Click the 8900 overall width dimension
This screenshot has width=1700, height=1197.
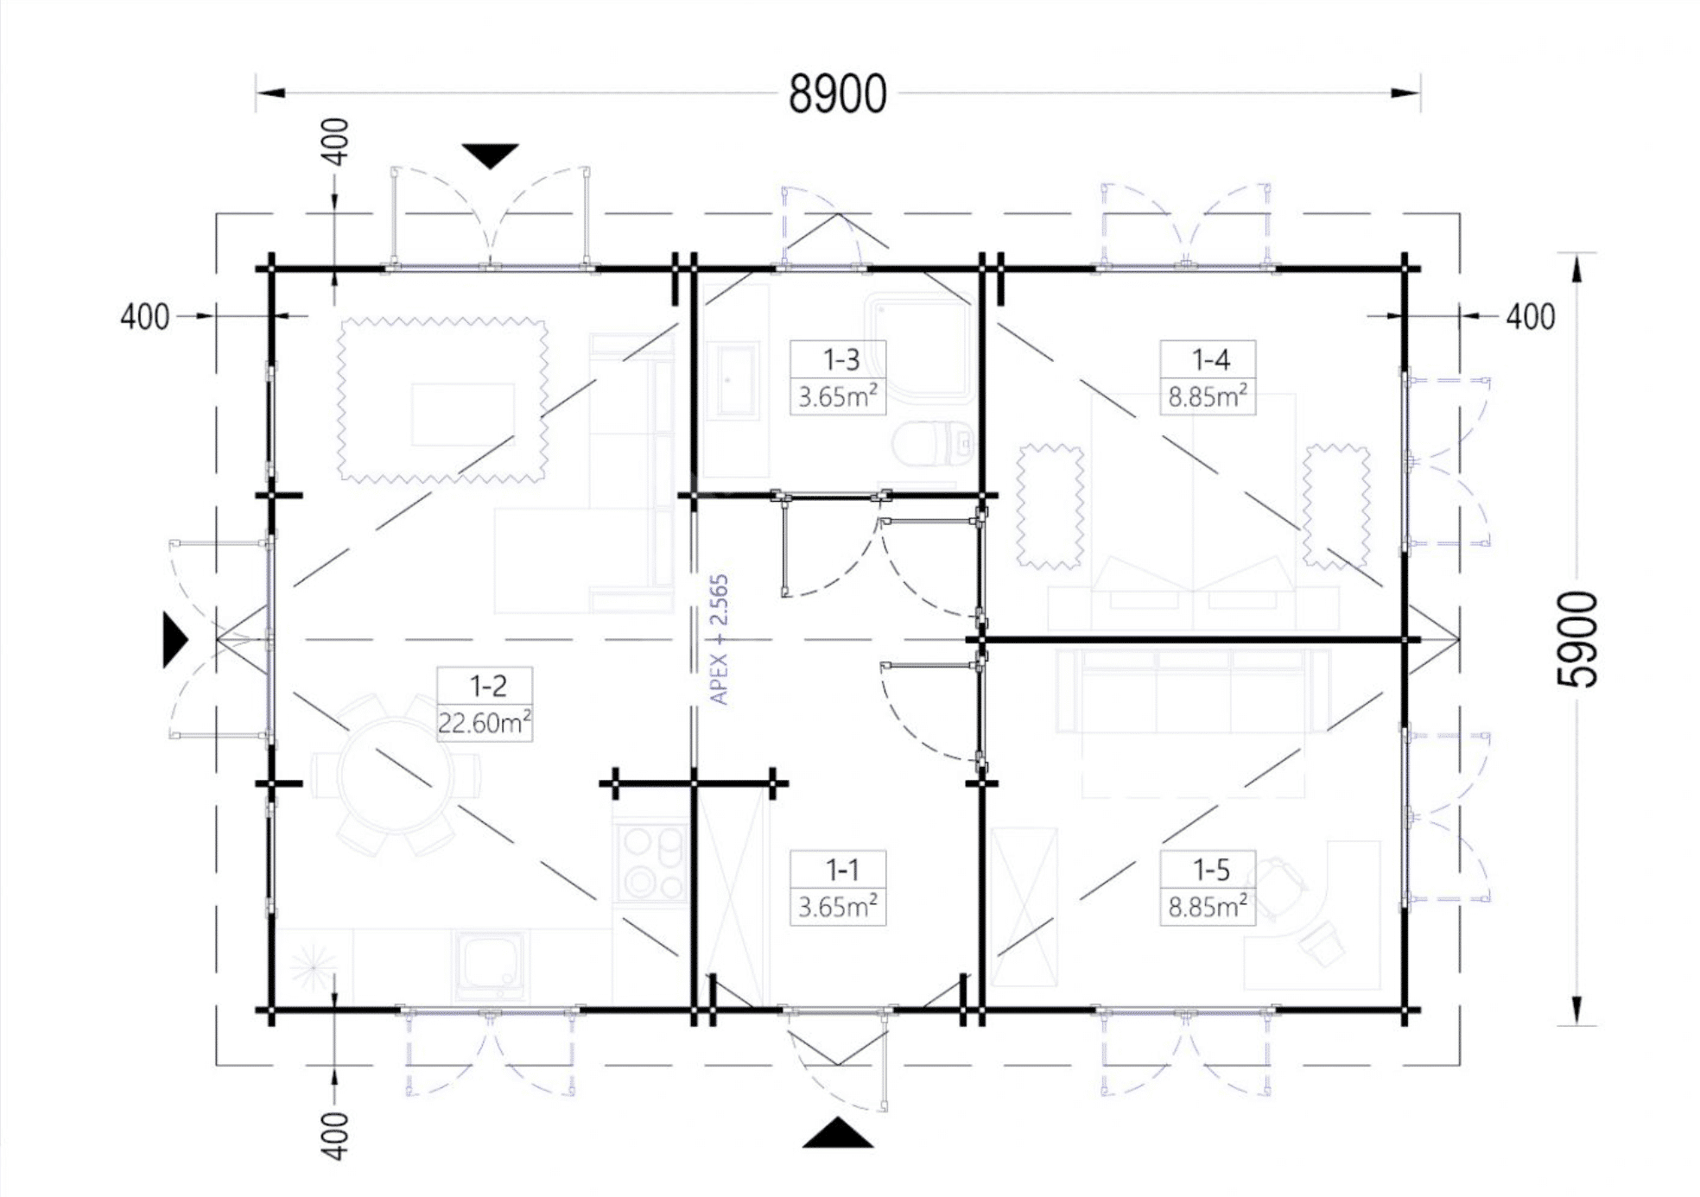coord(837,94)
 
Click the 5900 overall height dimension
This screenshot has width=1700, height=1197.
coord(1577,640)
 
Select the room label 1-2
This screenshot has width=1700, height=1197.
coord(487,686)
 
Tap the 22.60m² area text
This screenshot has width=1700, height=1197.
coord(485,722)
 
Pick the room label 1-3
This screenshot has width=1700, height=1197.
coord(840,359)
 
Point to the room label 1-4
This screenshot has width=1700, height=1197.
coord(1210,359)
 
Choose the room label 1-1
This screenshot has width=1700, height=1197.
coord(840,870)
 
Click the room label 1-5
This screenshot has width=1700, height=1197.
coord(1210,870)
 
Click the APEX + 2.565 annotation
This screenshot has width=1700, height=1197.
coord(719,640)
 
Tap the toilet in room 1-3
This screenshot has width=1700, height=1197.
coord(933,444)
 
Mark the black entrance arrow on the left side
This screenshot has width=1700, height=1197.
coord(175,640)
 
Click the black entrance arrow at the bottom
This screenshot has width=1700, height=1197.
coord(837,1133)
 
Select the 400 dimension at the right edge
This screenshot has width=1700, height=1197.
coord(1531,317)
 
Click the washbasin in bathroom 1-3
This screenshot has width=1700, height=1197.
coord(733,380)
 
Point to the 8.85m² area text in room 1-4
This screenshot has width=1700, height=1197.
coord(1208,396)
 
